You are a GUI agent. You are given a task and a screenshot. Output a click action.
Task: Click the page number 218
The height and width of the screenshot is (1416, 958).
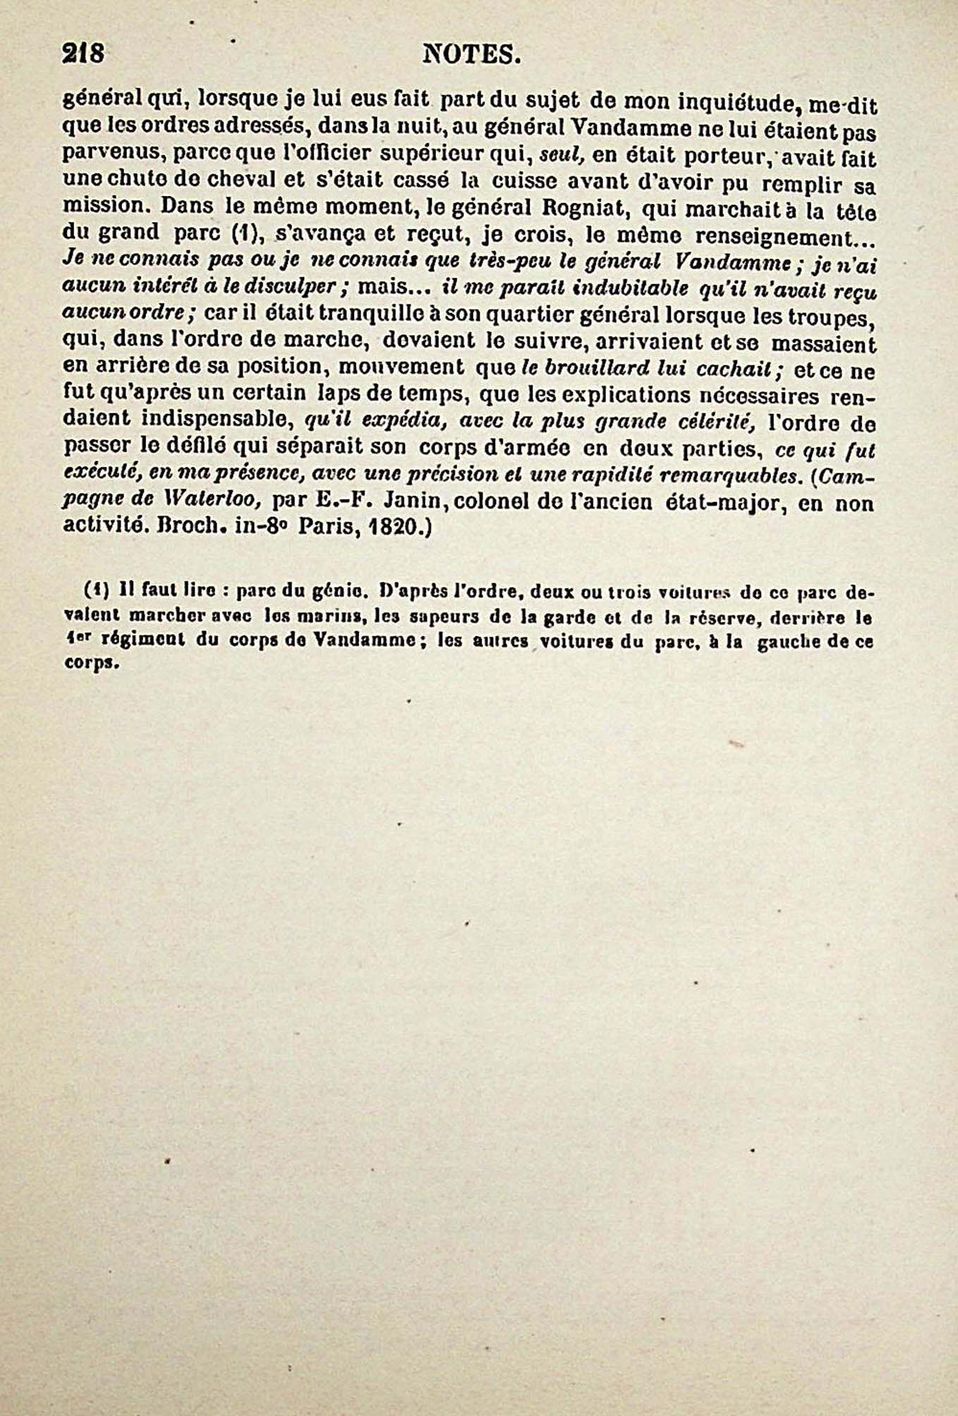(83, 54)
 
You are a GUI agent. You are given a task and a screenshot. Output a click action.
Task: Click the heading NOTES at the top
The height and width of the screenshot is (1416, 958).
(471, 55)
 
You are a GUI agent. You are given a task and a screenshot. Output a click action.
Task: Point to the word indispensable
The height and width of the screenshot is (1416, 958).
(217, 420)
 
